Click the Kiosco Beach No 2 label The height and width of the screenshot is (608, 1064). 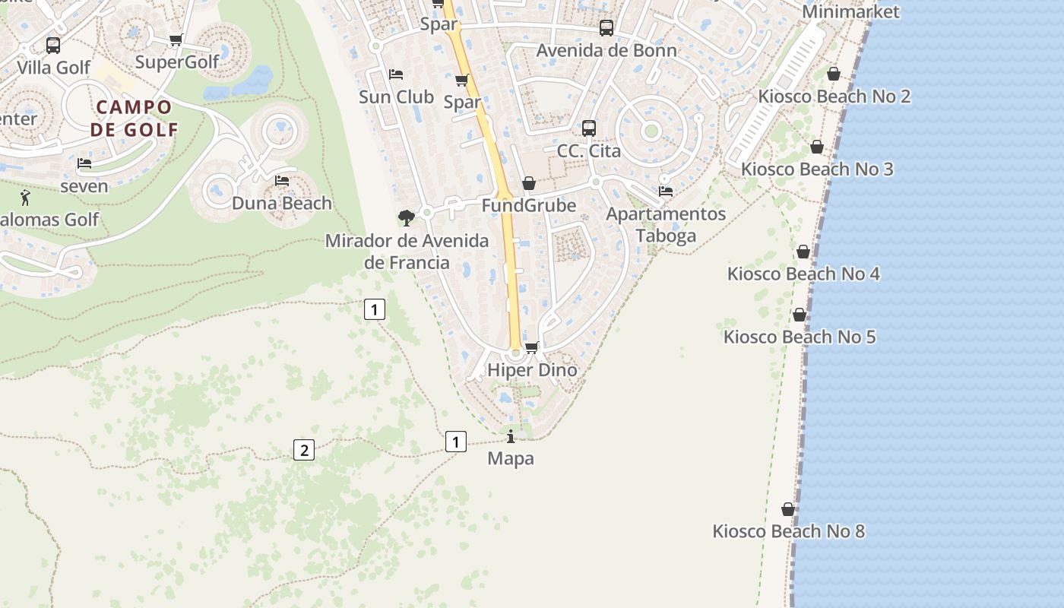coord(834,97)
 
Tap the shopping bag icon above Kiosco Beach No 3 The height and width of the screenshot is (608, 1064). coord(817,147)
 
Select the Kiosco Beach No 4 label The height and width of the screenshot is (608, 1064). coord(803,274)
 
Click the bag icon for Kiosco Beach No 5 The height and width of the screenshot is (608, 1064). coord(800,315)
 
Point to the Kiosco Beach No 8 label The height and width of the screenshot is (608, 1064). coord(788,531)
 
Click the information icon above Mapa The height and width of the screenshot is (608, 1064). coord(511,436)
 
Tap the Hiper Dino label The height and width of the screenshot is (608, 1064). coord(532,370)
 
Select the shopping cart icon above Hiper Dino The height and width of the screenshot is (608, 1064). coord(531,347)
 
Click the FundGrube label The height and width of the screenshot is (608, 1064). coord(529,205)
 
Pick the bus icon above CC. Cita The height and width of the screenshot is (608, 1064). coord(589,128)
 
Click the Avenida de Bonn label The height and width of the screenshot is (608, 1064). coord(606,51)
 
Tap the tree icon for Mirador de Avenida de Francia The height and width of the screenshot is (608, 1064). coord(407,218)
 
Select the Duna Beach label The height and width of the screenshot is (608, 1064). coord(282,203)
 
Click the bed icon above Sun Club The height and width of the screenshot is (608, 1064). coord(396,74)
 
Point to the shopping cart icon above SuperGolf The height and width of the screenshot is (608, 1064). coord(176,40)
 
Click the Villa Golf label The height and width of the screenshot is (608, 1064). coord(53,67)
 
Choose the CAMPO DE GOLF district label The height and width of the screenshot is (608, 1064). coord(134,118)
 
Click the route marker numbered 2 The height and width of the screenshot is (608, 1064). coord(304,450)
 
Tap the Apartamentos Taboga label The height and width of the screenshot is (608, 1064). coord(666,224)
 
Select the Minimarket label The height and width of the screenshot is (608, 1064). coord(850,11)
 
